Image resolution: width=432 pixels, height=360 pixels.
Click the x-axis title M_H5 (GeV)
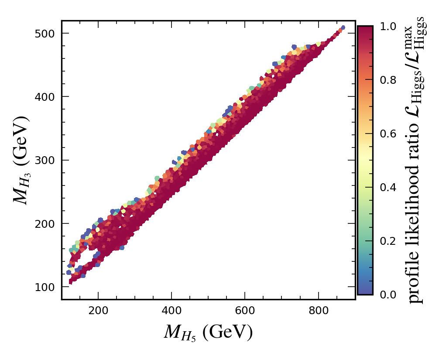[x=208, y=333]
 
